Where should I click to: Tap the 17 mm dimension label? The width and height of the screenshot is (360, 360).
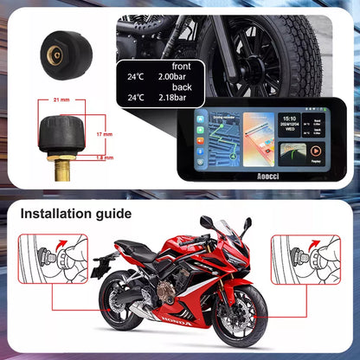tap(104, 135)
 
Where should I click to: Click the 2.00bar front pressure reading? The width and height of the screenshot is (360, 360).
tap(172, 76)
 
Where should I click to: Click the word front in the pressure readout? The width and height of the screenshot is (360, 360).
tap(181, 66)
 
